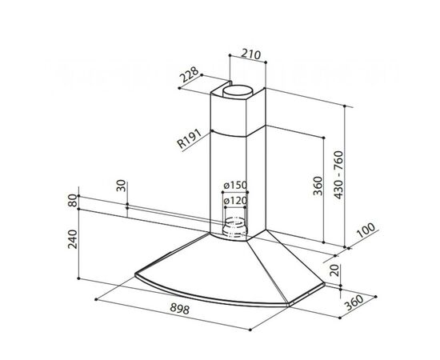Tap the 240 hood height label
(74, 239)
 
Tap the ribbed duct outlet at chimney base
(234, 227)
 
